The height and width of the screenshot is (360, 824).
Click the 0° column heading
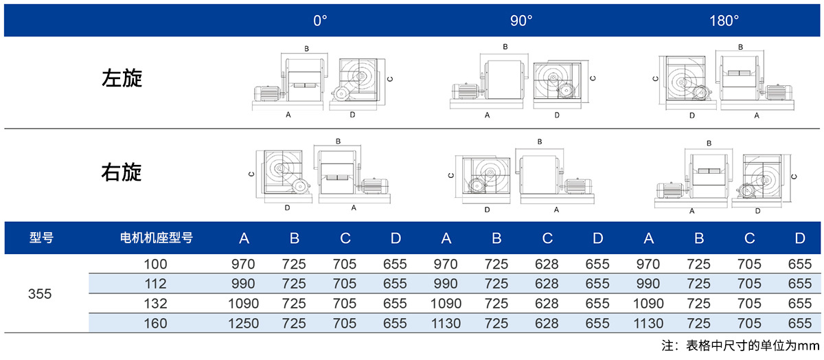coord(320,21)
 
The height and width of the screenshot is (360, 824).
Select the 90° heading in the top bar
coord(521,21)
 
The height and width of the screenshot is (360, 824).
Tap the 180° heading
coord(724,21)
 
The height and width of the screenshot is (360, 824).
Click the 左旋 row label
coord(122,78)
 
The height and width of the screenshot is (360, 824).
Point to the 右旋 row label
coord(122,172)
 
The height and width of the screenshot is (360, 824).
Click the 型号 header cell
coord(41,238)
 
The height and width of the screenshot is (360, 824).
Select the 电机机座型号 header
coord(157,238)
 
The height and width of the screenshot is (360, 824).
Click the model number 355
coord(40,294)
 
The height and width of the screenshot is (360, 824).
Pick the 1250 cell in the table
coord(243,324)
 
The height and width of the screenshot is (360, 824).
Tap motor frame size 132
coord(155,304)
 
